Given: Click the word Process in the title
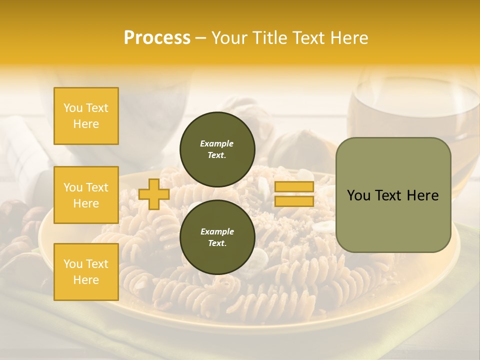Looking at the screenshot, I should [157, 38].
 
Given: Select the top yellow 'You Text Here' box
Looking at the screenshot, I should [86, 116].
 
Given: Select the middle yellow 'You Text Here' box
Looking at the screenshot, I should [86, 195].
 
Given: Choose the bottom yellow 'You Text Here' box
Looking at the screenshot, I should [86, 271].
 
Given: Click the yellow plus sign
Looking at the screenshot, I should [153, 194].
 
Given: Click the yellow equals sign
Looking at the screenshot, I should [294, 194].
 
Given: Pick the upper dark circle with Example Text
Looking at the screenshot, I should [217, 149].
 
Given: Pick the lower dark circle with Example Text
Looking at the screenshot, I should [217, 237].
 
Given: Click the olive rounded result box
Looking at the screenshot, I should [393, 195].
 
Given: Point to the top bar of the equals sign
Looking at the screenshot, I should [294, 187].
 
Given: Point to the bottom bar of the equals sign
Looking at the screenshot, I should [294, 201].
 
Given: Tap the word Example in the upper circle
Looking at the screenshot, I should [217, 143].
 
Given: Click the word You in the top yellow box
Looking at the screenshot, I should [73, 108].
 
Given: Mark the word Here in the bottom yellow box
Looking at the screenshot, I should [86, 280].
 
